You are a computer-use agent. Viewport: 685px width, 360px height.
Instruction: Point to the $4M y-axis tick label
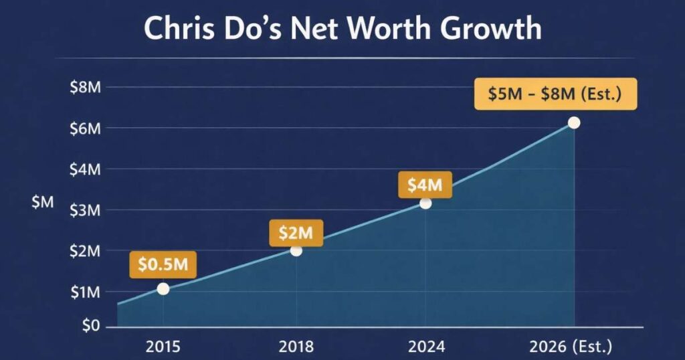coord(85,169)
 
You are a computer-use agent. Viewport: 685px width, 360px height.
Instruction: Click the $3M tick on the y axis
coord(85,210)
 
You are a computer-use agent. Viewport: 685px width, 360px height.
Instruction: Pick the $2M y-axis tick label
coord(85,251)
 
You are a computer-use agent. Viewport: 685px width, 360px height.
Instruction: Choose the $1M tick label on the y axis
coord(85,292)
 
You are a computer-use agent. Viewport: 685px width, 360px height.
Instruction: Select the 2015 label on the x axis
coord(163,347)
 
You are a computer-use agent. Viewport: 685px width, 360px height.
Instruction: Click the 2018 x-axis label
coord(296,347)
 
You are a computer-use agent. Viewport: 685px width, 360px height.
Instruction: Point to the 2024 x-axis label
coord(425,347)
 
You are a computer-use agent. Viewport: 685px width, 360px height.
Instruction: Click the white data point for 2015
coord(163,288)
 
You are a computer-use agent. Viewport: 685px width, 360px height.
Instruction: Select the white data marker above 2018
coord(296,250)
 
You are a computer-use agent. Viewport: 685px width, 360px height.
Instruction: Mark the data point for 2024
coord(425,203)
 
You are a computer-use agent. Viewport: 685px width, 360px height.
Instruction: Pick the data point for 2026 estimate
coord(573,122)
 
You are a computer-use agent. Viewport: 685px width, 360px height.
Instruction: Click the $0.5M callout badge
coord(163,265)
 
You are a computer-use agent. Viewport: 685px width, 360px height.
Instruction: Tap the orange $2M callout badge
coord(296,234)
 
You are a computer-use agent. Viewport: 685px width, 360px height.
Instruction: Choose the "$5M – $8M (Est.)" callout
coord(555,94)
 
